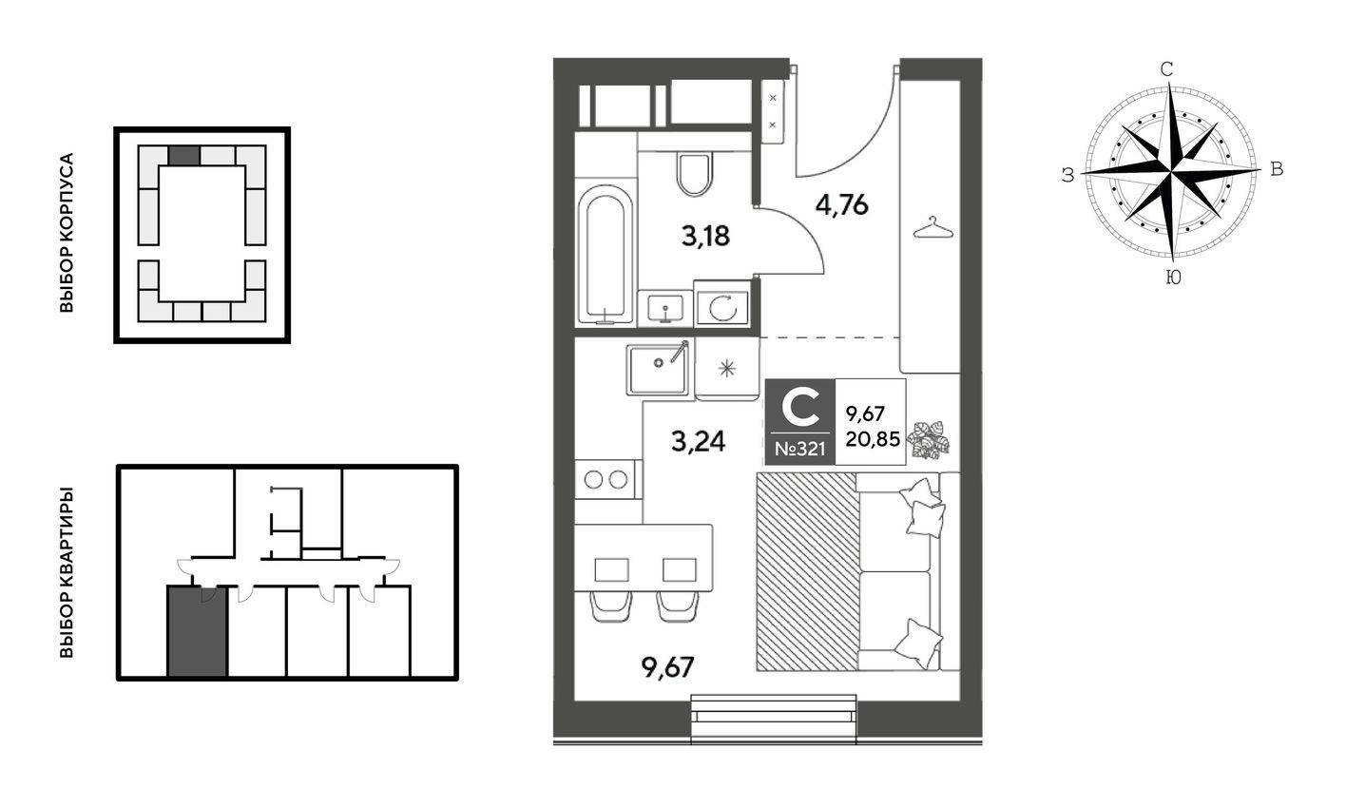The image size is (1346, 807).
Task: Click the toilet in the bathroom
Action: click(x=694, y=174)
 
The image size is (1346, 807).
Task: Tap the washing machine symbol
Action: click(x=722, y=308)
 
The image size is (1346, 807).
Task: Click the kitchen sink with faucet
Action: click(x=658, y=369)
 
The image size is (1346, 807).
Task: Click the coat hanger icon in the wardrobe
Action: click(x=933, y=228)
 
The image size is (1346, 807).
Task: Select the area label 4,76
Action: click(x=842, y=205)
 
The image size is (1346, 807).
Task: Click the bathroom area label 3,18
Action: click(x=705, y=236)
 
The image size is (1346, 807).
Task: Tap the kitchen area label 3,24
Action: click(x=699, y=442)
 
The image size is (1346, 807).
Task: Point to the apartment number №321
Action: click(x=799, y=449)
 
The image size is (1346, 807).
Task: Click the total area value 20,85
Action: click(x=873, y=439)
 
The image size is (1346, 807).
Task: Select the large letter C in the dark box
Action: click(x=799, y=406)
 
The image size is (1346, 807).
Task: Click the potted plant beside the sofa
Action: click(x=929, y=440)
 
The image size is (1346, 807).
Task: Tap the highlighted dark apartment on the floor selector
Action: click(x=197, y=631)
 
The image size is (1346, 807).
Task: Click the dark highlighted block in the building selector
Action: click(x=183, y=156)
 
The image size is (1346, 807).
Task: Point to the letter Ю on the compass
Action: click(x=1173, y=277)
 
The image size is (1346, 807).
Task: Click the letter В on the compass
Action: click(x=1277, y=169)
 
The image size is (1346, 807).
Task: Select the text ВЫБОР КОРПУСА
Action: click(x=67, y=233)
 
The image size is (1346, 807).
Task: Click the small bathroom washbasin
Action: click(x=664, y=309)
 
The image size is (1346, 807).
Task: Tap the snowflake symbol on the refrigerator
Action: click(x=727, y=368)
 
